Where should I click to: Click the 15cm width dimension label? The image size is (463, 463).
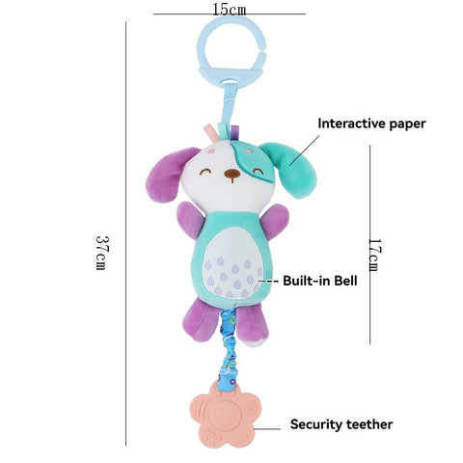[230, 9]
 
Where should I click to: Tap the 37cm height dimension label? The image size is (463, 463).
[102, 253]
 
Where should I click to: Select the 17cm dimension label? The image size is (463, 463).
[375, 255]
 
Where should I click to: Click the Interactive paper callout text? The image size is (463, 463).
[371, 123]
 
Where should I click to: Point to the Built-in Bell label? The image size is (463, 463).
[320, 281]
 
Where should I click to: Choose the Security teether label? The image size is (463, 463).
[341, 424]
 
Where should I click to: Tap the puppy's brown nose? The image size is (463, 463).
[232, 174]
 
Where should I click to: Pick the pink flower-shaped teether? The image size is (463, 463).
[226, 417]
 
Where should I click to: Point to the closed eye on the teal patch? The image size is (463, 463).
[258, 172]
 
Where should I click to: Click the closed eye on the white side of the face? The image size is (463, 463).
[205, 172]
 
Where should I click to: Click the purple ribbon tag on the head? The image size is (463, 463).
[235, 132]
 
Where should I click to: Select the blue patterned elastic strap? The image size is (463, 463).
[229, 349]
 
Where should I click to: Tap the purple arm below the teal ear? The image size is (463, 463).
[274, 221]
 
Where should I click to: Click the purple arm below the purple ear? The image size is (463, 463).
[190, 220]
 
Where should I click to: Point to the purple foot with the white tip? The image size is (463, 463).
[253, 326]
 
